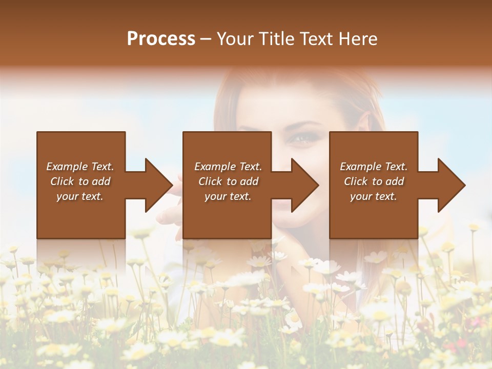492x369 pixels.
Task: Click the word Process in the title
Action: coord(161,39)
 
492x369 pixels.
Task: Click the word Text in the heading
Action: coord(316,39)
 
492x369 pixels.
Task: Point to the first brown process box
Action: coord(80,185)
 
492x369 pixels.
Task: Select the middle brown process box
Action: coord(227,185)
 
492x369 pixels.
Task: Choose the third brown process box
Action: coord(373,185)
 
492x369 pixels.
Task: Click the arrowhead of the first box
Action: coord(158,185)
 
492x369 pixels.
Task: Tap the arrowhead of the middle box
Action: coord(305,185)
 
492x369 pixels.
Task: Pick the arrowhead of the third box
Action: coord(451,185)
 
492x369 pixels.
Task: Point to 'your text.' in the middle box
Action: coord(228,196)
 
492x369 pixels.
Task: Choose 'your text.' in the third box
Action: coord(373,196)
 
